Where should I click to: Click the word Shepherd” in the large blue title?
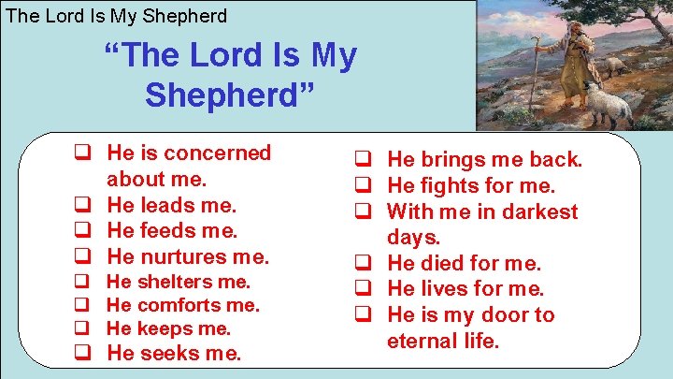[230, 94]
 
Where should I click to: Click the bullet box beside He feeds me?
[82, 229]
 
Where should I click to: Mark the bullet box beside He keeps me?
[82, 328]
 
